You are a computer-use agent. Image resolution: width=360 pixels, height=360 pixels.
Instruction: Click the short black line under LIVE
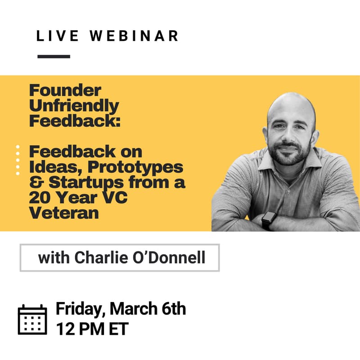[54, 57]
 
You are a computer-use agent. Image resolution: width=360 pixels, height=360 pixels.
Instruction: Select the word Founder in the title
[65, 90]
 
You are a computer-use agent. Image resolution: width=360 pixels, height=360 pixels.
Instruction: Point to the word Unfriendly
[74, 106]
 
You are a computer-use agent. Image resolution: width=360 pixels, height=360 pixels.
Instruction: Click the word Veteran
[64, 213]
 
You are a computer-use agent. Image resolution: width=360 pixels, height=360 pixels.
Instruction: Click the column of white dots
[18, 160]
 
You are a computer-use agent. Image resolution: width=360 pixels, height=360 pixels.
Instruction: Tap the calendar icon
[32, 319]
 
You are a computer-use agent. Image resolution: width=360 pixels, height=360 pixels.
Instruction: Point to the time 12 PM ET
[92, 328]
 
